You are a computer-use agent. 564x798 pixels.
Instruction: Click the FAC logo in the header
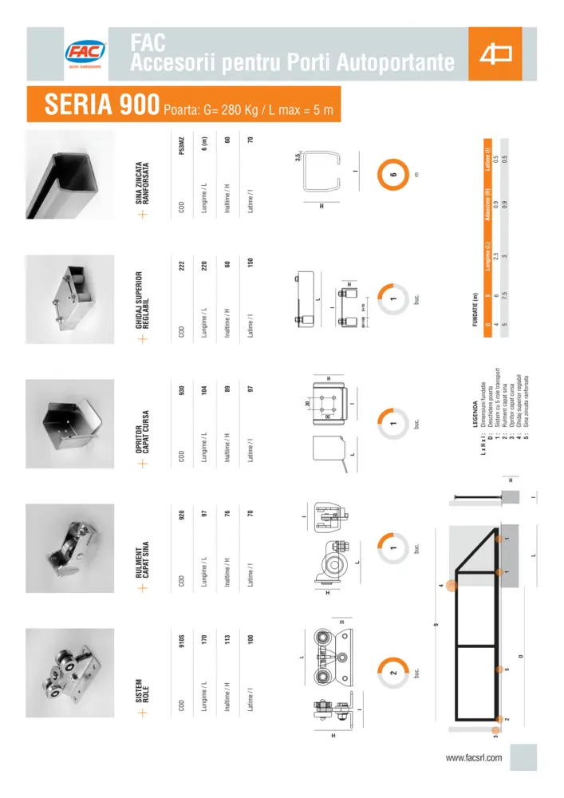pyautogui.click(x=85, y=53)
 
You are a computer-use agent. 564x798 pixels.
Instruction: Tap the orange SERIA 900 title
pyautogui.click(x=99, y=104)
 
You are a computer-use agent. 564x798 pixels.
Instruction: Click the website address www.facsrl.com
pyautogui.click(x=474, y=757)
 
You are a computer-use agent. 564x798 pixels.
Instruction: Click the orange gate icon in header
pyautogui.click(x=495, y=54)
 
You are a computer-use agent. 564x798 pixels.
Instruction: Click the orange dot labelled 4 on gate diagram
pyautogui.click(x=452, y=586)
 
